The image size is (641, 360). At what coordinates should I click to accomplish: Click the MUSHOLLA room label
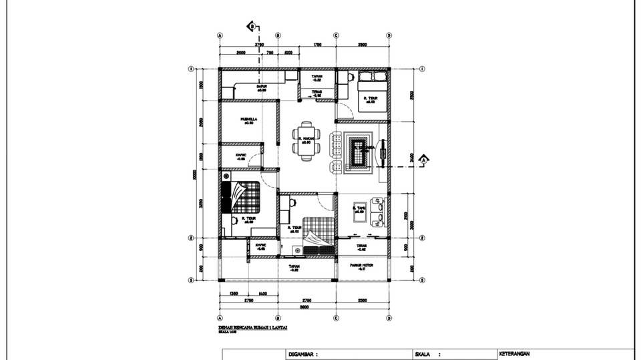pyautogui.click(x=249, y=120)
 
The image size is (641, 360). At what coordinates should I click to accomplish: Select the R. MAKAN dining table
pyautogui.click(x=306, y=141)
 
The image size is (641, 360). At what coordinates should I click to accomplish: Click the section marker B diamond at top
pyautogui.click(x=252, y=27)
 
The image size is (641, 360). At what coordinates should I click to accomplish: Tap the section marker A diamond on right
pyautogui.click(x=423, y=159)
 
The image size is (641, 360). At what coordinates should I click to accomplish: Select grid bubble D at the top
pyautogui.click(x=389, y=35)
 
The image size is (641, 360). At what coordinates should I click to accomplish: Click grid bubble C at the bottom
pyautogui.click(x=336, y=317)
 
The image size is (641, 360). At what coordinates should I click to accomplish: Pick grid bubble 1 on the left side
pyautogui.click(x=191, y=68)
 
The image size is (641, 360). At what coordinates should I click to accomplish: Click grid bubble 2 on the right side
pyautogui.click(x=422, y=237)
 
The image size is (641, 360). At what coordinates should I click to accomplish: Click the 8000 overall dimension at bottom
pyautogui.click(x=304, y=307)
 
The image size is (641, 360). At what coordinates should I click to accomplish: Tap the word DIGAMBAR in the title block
pyautogui.click(x=302, y=354)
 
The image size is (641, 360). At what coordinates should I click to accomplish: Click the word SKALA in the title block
pyautogui.click(x=424, y=354)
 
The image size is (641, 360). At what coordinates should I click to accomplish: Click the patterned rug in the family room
pyautogui.click(x=359, y=152)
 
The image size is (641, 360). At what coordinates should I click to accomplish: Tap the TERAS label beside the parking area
pyautogui.click(x=361, y=246)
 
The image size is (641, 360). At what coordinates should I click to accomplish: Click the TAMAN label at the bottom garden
pyautogui.click(x=294, y=266)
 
